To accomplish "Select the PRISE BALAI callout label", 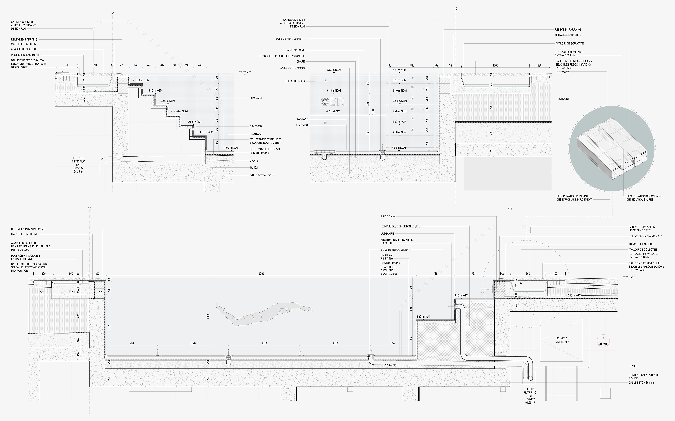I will [x=388, y=216].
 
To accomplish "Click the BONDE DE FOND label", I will [x=295, y=81].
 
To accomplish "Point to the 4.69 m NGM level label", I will [x=423, y=317].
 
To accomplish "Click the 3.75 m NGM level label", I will [x=392, y=365].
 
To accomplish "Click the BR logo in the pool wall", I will [x=333, y=102].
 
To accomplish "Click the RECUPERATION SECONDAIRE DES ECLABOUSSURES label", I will [x=644, y=198].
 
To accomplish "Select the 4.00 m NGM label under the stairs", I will [x=231, y=148].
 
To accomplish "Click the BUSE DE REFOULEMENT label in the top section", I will [x=290, y=39].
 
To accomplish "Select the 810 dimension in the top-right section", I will [x=412, y=66].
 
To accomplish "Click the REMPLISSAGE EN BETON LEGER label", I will [x=400, y=226].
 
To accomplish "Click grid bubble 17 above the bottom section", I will [x=89, y=208].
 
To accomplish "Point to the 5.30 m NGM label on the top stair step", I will [x=142, y=80].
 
